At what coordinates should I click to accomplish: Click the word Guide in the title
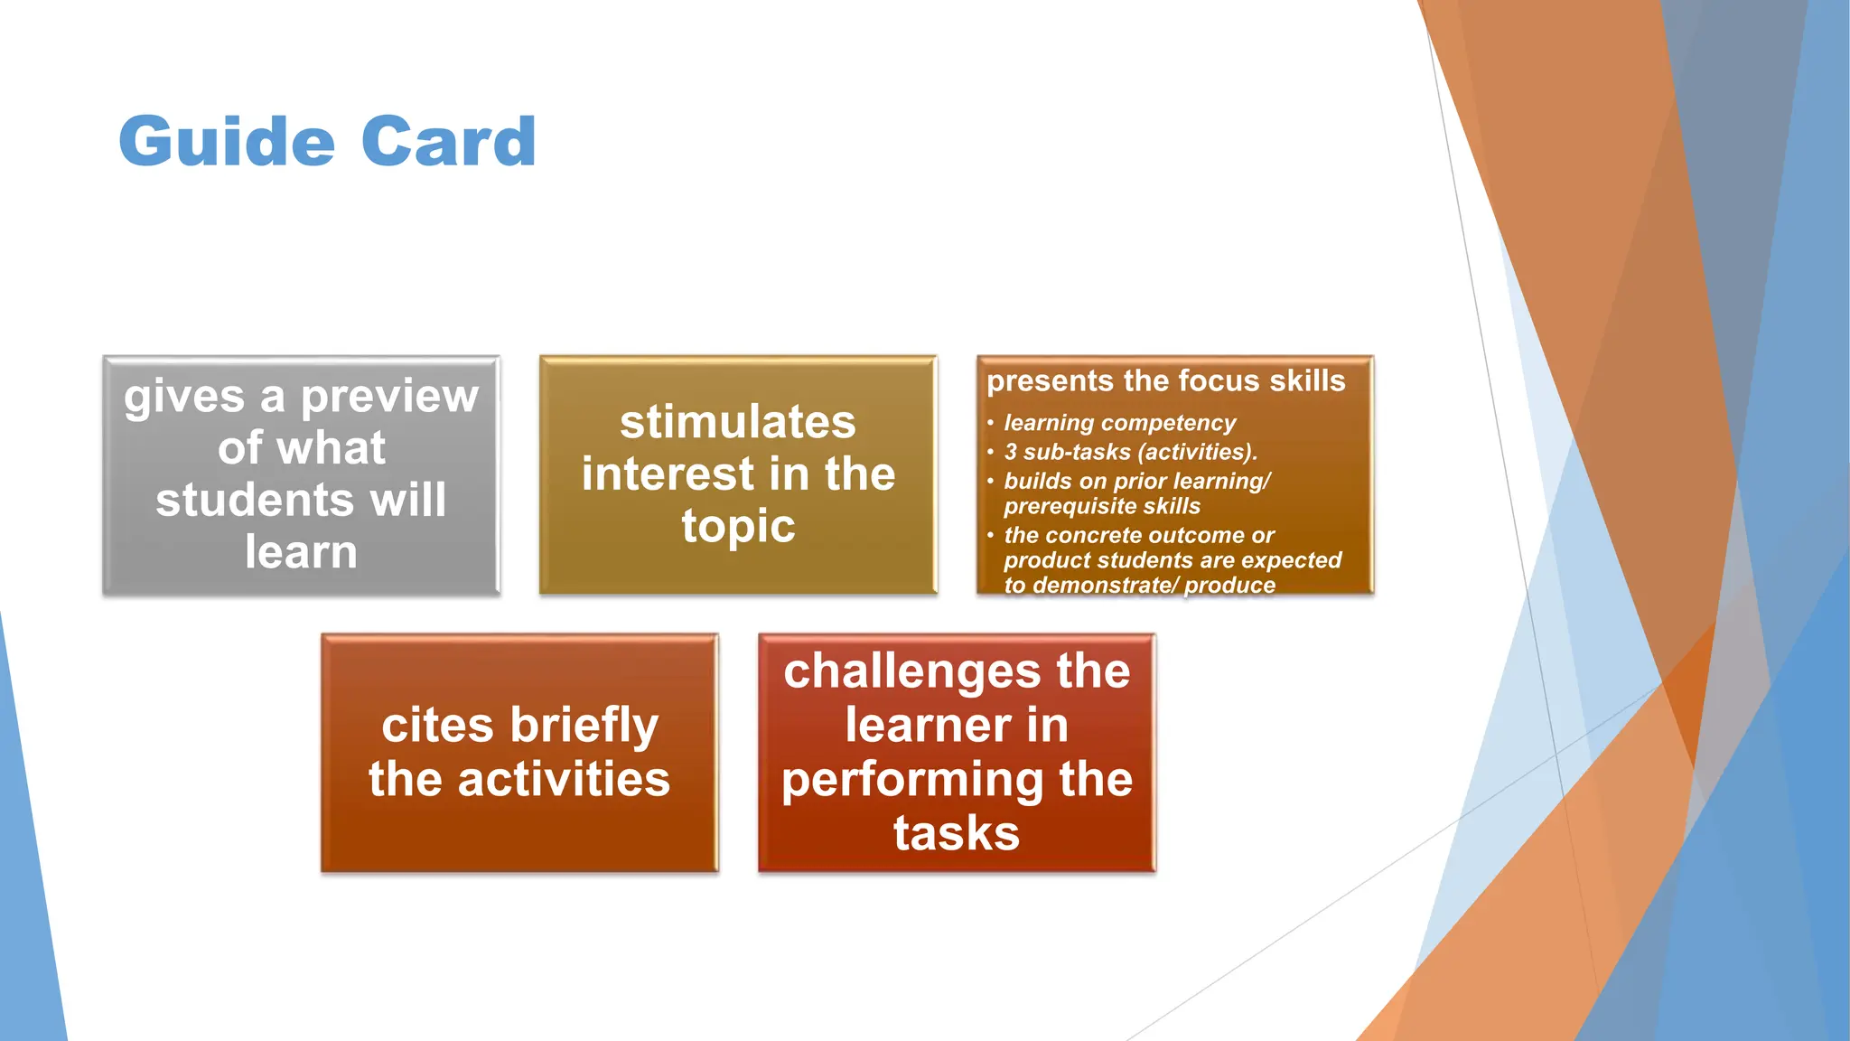(226, 142)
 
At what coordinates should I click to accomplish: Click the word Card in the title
(448, 142)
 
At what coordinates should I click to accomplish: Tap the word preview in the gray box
(389, 397)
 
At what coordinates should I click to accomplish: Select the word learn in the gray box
(301, 552)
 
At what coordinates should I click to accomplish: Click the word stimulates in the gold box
(737, 422)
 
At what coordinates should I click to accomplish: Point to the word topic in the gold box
(737, 527)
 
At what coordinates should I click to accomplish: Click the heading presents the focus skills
(1165, 381)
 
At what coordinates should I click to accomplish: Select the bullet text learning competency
(1119, 423)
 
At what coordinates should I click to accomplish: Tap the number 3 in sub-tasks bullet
(1011, 452)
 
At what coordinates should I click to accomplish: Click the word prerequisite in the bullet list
(1061, 506)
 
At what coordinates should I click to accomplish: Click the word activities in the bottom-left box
(564, 780)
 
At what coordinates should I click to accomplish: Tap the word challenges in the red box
(911, 672)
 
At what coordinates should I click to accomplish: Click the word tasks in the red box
(956, 833)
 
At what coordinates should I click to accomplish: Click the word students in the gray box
(257, 501)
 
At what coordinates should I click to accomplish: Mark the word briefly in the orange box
(584, 726)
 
